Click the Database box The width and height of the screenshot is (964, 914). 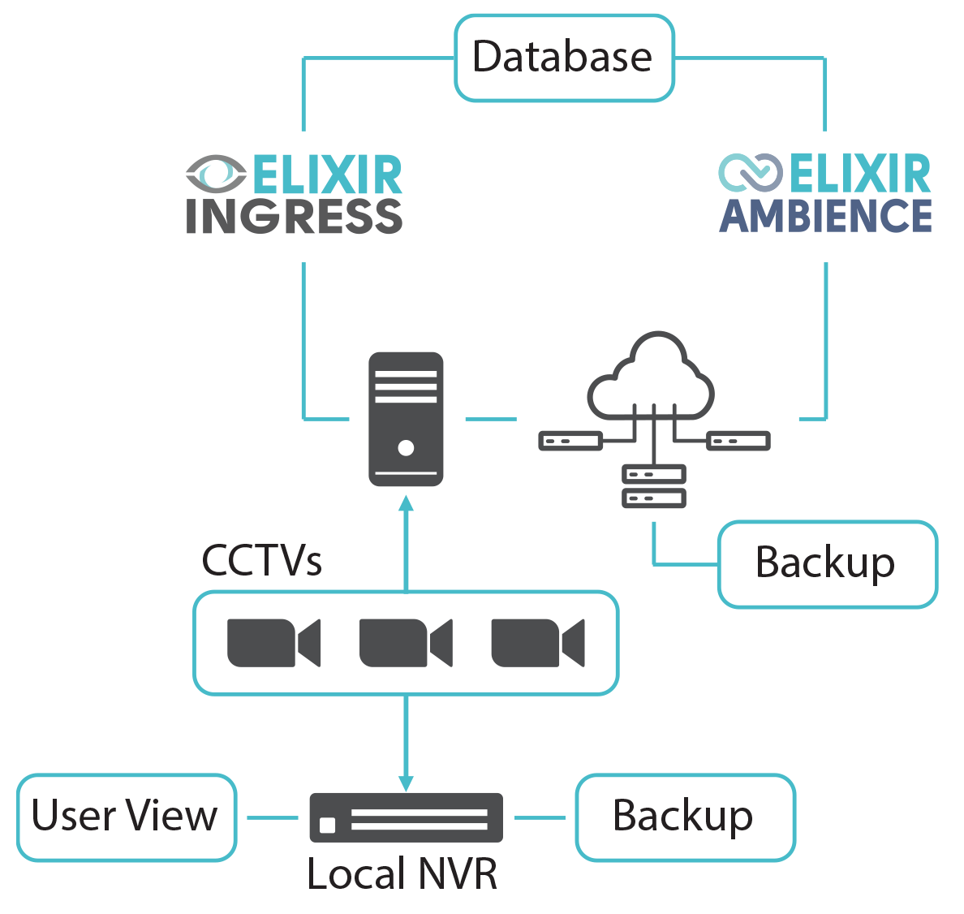pyautogui.click(x=564, y=58)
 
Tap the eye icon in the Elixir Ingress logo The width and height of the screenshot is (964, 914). pyautogui.click(x=216, y=174)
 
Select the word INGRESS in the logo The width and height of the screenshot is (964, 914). pyautogui.click(x=294, y=216)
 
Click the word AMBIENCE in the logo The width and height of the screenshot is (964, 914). pyautogui.click(x=825, y=216)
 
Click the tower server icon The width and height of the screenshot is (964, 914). pyautogui.click(x=406, y=418)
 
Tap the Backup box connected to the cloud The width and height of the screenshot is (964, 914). pyautogui.click(x=827, y=563)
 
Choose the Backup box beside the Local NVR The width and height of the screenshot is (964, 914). pyautogui.click(x=685, y=817)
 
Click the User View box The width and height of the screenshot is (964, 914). pyautogui.click(x=126, y=817)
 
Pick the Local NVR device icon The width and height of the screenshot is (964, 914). pyautogui.click(x=406, y=817)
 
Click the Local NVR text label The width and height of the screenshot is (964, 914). pyautogui.click(x=402, y=874)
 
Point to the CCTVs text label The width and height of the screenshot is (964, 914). pyautogui.click(x=261, y=560)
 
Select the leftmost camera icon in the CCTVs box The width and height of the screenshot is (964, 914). pyautogui.click(x=273, y=643)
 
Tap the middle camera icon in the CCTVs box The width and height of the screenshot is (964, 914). pyautogui.click(x=406, y=643)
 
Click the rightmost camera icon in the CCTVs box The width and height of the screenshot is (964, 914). pyautogui.click(x=537, y=643)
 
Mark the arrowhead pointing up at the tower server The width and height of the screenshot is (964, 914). pyautogui.click(x=406, y=503)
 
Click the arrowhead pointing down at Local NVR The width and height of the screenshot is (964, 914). pyautogui.click(x=406, y=782)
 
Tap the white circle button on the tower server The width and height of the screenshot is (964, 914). pyautogui.click(x=406, y=447)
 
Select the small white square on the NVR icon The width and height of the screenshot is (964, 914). pyautogui.click(x=328, y=826)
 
